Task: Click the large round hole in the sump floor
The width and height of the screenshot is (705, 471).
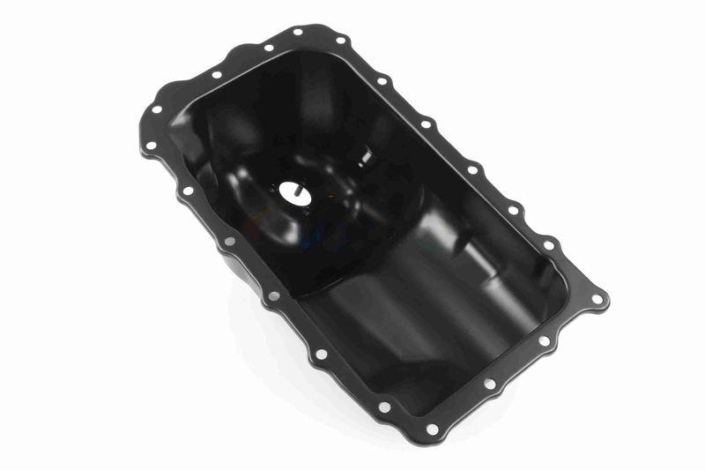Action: pos(294,193)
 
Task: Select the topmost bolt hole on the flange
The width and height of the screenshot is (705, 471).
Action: pos(298,32)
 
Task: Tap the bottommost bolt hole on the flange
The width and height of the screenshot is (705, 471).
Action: pos(432,430)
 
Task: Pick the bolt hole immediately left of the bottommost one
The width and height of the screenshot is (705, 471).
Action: pos(384,407)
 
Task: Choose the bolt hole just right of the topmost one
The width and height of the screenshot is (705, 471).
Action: pos(339,41)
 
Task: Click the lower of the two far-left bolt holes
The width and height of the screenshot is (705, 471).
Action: pos(151,146)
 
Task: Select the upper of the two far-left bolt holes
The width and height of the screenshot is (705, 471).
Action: pos(157,110)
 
